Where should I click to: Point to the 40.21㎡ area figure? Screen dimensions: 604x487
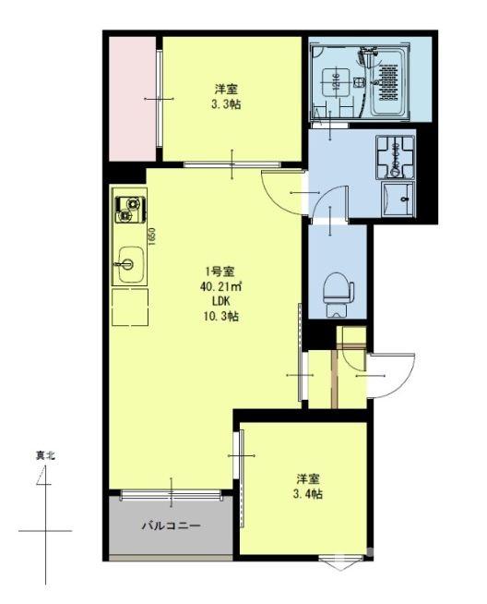coord(220,286)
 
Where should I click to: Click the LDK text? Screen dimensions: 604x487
coord(220,301)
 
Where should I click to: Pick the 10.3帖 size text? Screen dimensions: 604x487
coord(220,316)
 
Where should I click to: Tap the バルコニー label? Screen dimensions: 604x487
coord(170,526)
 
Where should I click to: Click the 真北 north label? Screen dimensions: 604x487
coord(45,455)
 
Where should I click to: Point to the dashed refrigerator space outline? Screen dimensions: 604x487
coord(130,308)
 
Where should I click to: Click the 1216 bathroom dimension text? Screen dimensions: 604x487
coord(339,81)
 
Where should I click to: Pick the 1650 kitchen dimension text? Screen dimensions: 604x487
coord(152,238)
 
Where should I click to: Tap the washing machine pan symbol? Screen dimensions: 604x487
coord(395,158)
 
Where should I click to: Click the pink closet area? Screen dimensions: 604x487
coord(133,98)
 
